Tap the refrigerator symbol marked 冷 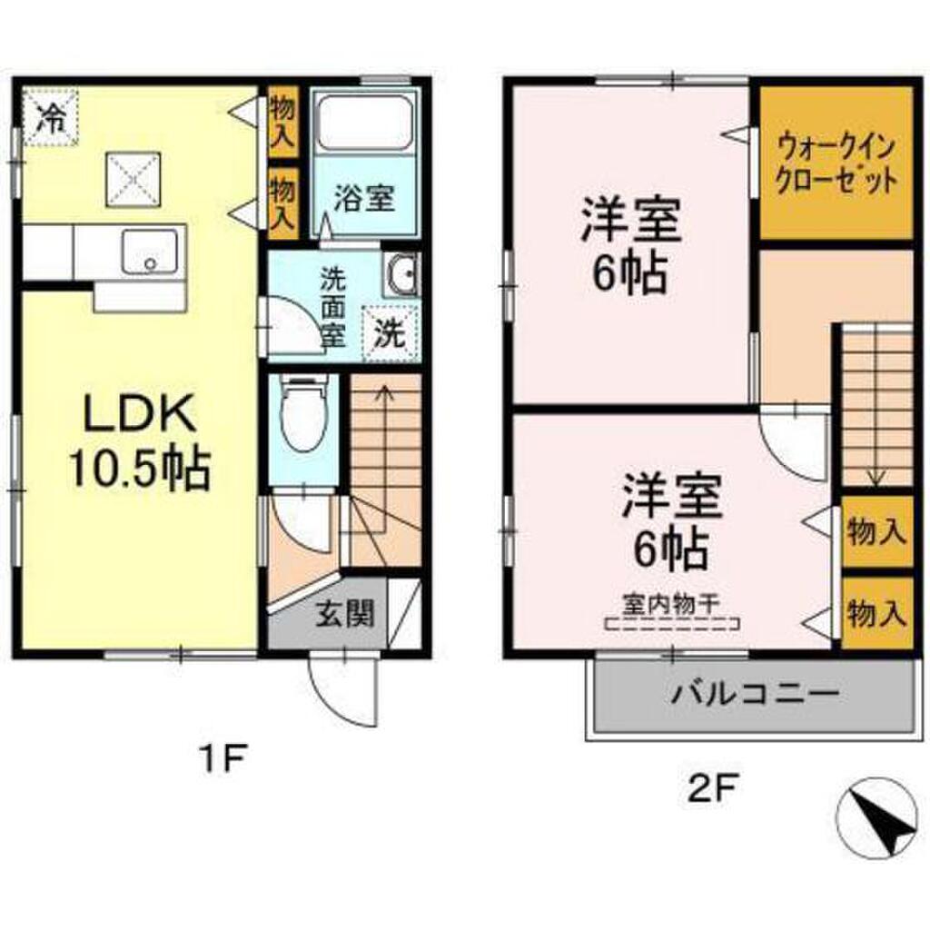tap(51, 116)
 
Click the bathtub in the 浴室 tap(366, 124)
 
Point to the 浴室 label tap(363, 198)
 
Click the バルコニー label tap(754, 697)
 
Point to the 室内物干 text tap(672, 602)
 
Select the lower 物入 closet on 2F tap(876, 614)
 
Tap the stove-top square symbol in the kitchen tap(131, 178)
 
